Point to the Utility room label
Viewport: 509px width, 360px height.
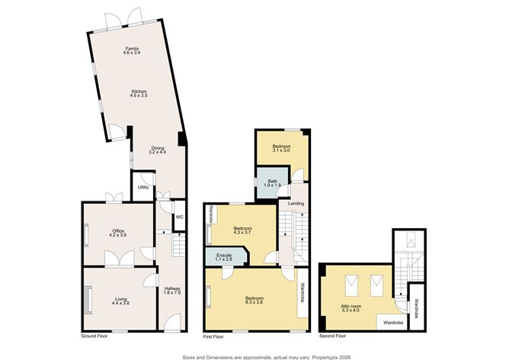(x=142, y=187)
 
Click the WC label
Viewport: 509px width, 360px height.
(x=179, y=217)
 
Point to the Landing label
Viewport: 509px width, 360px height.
(x=296, y=204)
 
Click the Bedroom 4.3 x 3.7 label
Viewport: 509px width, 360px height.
(x=243, y=230)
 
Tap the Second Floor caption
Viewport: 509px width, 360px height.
(x=333, y=336)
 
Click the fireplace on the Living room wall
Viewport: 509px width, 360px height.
(x=88, y=298)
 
